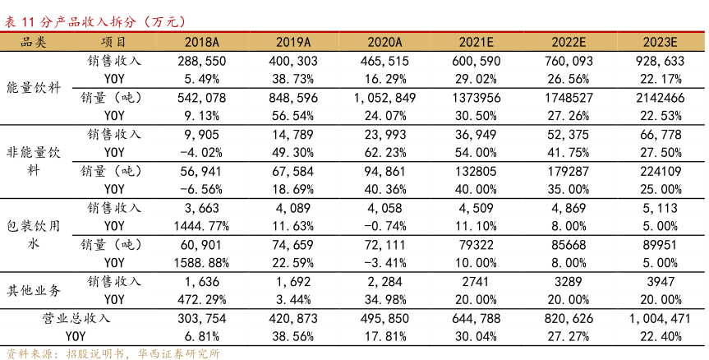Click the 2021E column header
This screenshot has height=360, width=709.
[x=477, y=43]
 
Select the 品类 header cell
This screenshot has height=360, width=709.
[x=34, y=43]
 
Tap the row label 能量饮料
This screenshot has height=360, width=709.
[x=34, y=88]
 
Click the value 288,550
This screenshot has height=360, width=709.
[x=201, y=61]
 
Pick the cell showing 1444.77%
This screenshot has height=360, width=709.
[x=201, y=226]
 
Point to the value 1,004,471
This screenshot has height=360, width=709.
[x=661, y=318]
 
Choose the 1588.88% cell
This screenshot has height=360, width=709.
[x=201, y=262]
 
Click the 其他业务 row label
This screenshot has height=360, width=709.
[x=34, y=290]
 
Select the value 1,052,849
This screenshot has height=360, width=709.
[x=384, y=98]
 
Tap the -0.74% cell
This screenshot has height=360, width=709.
[x=384, y=226]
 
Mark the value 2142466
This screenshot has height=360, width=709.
[x=661, y=98]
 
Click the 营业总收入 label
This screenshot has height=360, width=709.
[x=76, y=318]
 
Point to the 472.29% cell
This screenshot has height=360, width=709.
[x=201, y=299]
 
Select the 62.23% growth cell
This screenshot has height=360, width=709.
[x=384, y=152]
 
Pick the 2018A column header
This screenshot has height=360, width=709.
[x=201, y=43]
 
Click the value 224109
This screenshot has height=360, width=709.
[x=661, y=172]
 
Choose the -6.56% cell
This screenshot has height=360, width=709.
[x=201, y=189]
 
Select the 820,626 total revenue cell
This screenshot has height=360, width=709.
[x=569, y=318]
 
